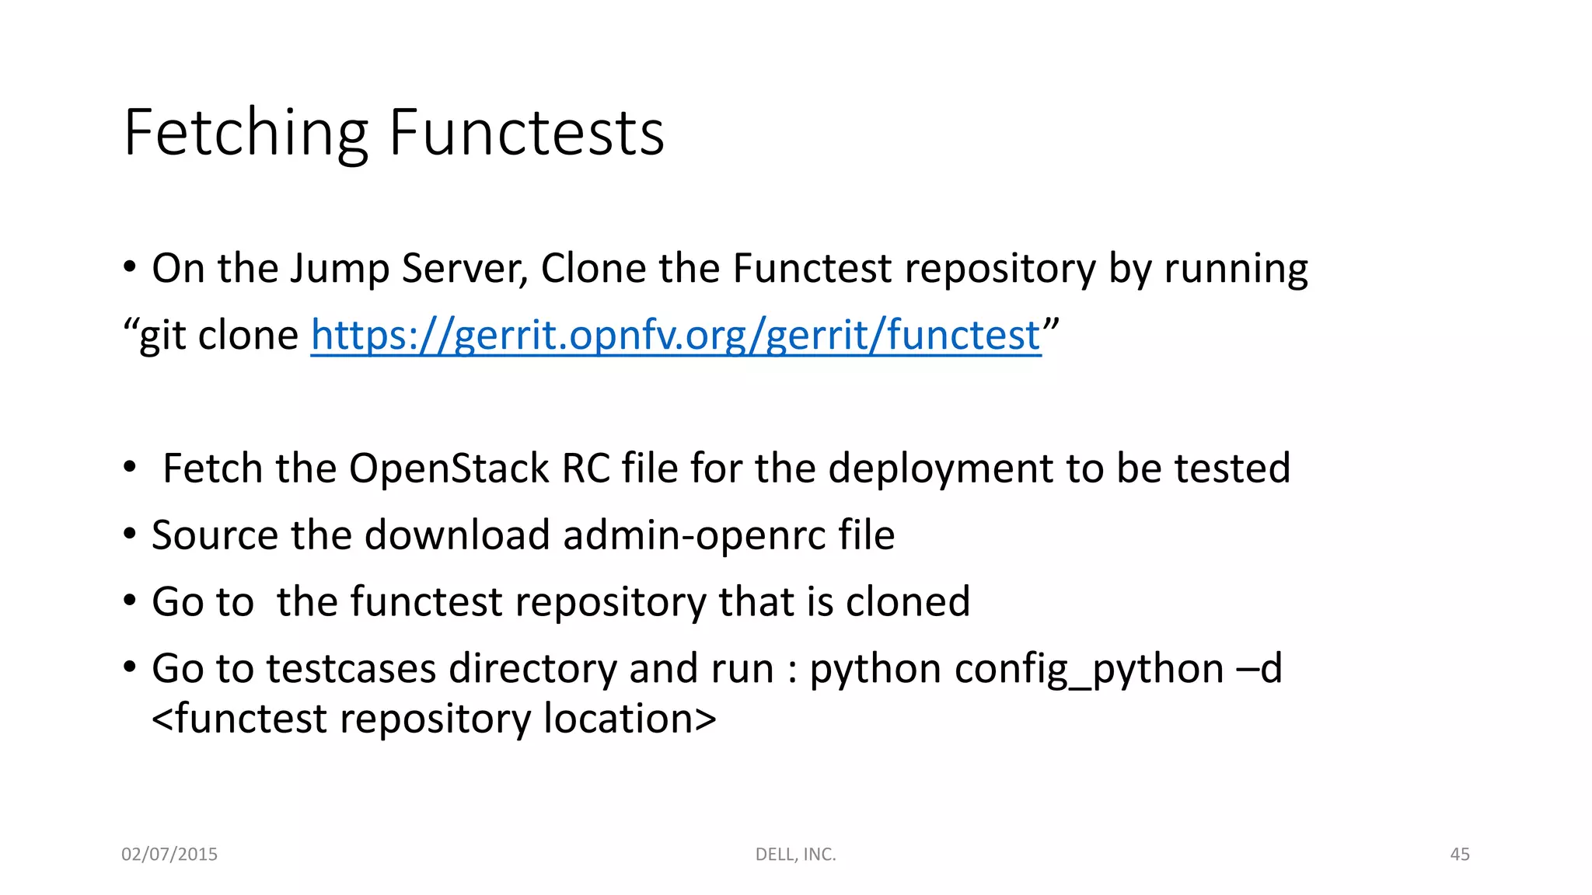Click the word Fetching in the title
[246, 134]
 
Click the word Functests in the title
[526, 134]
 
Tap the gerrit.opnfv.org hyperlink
[676, 336]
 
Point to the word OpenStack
[449, 468]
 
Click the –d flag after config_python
[1259, 669]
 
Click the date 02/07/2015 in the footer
[169, 855]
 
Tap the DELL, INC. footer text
[795, 855]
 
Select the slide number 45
[1459, 855]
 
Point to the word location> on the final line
[630, 719]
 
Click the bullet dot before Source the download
[130, 535]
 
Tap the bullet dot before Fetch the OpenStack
[130, 468]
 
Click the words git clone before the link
[218, 336]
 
